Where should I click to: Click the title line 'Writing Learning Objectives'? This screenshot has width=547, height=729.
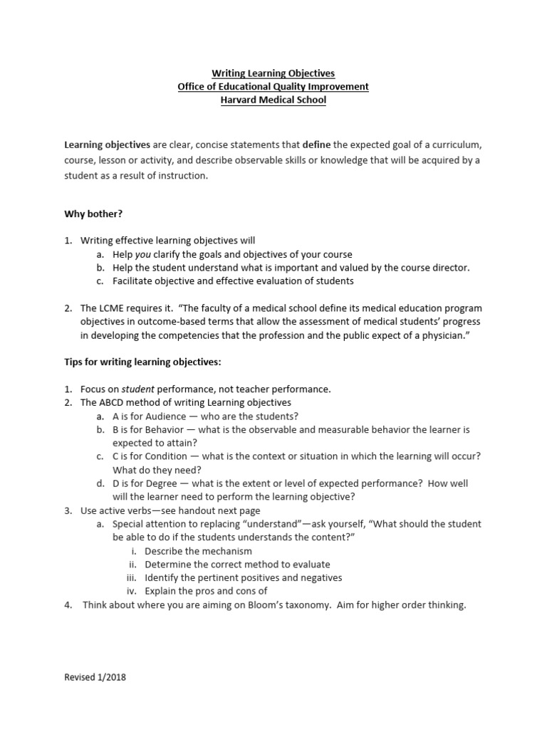coord(273,73)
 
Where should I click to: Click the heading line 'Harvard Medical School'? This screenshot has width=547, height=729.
coord(273,100)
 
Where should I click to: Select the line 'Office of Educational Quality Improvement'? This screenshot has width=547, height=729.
coord(273,87)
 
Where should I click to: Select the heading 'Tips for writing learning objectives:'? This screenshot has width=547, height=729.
coord(143,362)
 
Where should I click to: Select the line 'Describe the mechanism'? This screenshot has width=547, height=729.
coord(198,551)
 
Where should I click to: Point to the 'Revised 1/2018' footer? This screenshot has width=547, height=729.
coord(95,678)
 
